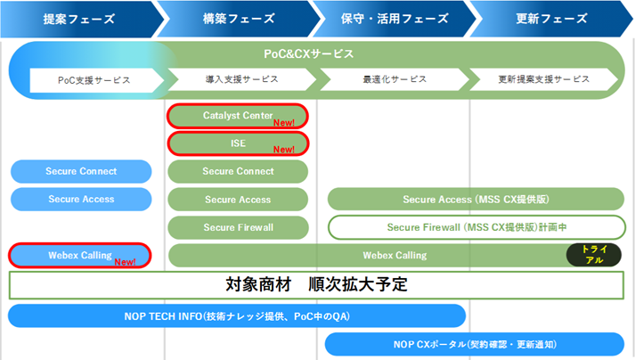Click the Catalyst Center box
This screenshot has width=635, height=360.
(238, 116)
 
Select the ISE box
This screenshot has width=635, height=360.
(238, 143)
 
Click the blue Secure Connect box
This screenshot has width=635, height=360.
(81, 171)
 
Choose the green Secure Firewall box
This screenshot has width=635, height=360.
(238, 227)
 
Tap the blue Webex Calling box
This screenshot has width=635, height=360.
(79, 256)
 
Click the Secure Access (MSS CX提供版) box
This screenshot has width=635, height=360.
(476, 200)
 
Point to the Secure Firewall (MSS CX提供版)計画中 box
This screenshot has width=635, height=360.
(476, 227)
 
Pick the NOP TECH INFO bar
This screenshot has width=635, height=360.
(237, 315)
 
